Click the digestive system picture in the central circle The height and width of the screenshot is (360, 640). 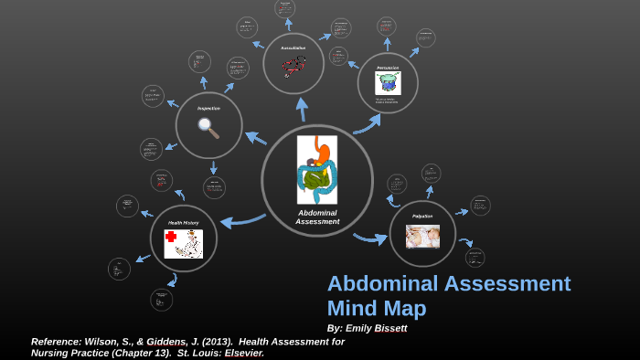click(x=317, y=169)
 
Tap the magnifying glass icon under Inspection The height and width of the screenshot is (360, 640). click(x=208, y=128)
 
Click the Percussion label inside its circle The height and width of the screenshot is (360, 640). click(x=388, y=67)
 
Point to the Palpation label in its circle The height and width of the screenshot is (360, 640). click(x=422, y=216)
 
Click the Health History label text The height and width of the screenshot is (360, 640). click(x=183, y=222)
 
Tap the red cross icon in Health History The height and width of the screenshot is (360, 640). click(x=171, y=238)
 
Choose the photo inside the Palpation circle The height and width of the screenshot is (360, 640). click(x=422, y=237)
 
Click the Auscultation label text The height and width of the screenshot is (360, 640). click(x=293, y=48)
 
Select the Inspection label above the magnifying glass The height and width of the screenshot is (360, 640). click(x=208, y=108)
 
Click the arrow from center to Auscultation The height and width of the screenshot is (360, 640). click(x=302, y=109)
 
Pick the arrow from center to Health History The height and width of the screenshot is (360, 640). click(x=241, y=219)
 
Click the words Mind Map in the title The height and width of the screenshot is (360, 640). click(x=377, y=309)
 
